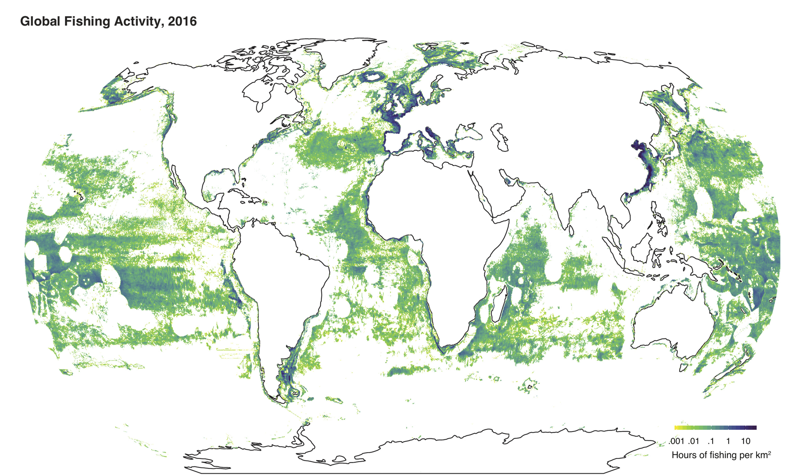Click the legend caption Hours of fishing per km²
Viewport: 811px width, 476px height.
pos(721,455)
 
